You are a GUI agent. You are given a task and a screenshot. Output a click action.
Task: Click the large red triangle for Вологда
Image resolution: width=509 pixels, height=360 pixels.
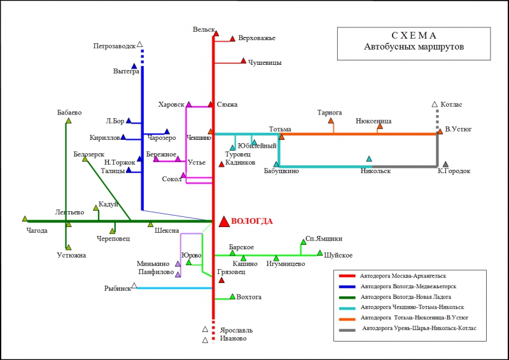coord(224,221)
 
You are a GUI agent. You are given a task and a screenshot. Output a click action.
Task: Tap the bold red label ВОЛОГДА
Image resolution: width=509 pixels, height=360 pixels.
coord(252,221)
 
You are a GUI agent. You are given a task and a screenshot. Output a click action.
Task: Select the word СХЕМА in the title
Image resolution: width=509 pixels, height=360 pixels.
coord(414,36)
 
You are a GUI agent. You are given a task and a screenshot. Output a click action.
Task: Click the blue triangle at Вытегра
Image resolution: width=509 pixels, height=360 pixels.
coord(134,66)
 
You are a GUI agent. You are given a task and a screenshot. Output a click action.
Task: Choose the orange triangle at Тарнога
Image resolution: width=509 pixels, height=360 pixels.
coord(331,121)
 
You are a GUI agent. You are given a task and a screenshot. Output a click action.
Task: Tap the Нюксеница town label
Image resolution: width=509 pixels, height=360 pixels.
coord(373,120)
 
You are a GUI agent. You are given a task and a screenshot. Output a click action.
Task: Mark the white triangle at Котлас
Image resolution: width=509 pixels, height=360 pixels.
coord(435,104)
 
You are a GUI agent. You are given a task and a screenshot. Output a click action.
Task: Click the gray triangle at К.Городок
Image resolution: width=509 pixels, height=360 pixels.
coord(445,164)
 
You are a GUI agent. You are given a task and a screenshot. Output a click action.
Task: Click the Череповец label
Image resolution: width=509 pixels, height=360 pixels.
coord(113,239)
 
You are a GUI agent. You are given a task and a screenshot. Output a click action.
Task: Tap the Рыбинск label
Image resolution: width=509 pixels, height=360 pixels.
coord(118,288)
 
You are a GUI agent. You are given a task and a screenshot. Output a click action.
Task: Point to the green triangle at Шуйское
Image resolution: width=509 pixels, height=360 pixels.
coord(320,253)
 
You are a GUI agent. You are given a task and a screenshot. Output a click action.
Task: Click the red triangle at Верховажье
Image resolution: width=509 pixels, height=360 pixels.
coord(233,38)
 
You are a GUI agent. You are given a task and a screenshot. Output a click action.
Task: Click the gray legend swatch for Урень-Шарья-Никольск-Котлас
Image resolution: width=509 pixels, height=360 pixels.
coord(347,329)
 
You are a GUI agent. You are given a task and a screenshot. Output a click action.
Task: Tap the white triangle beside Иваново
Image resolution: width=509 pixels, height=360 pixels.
coord(205,340)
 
